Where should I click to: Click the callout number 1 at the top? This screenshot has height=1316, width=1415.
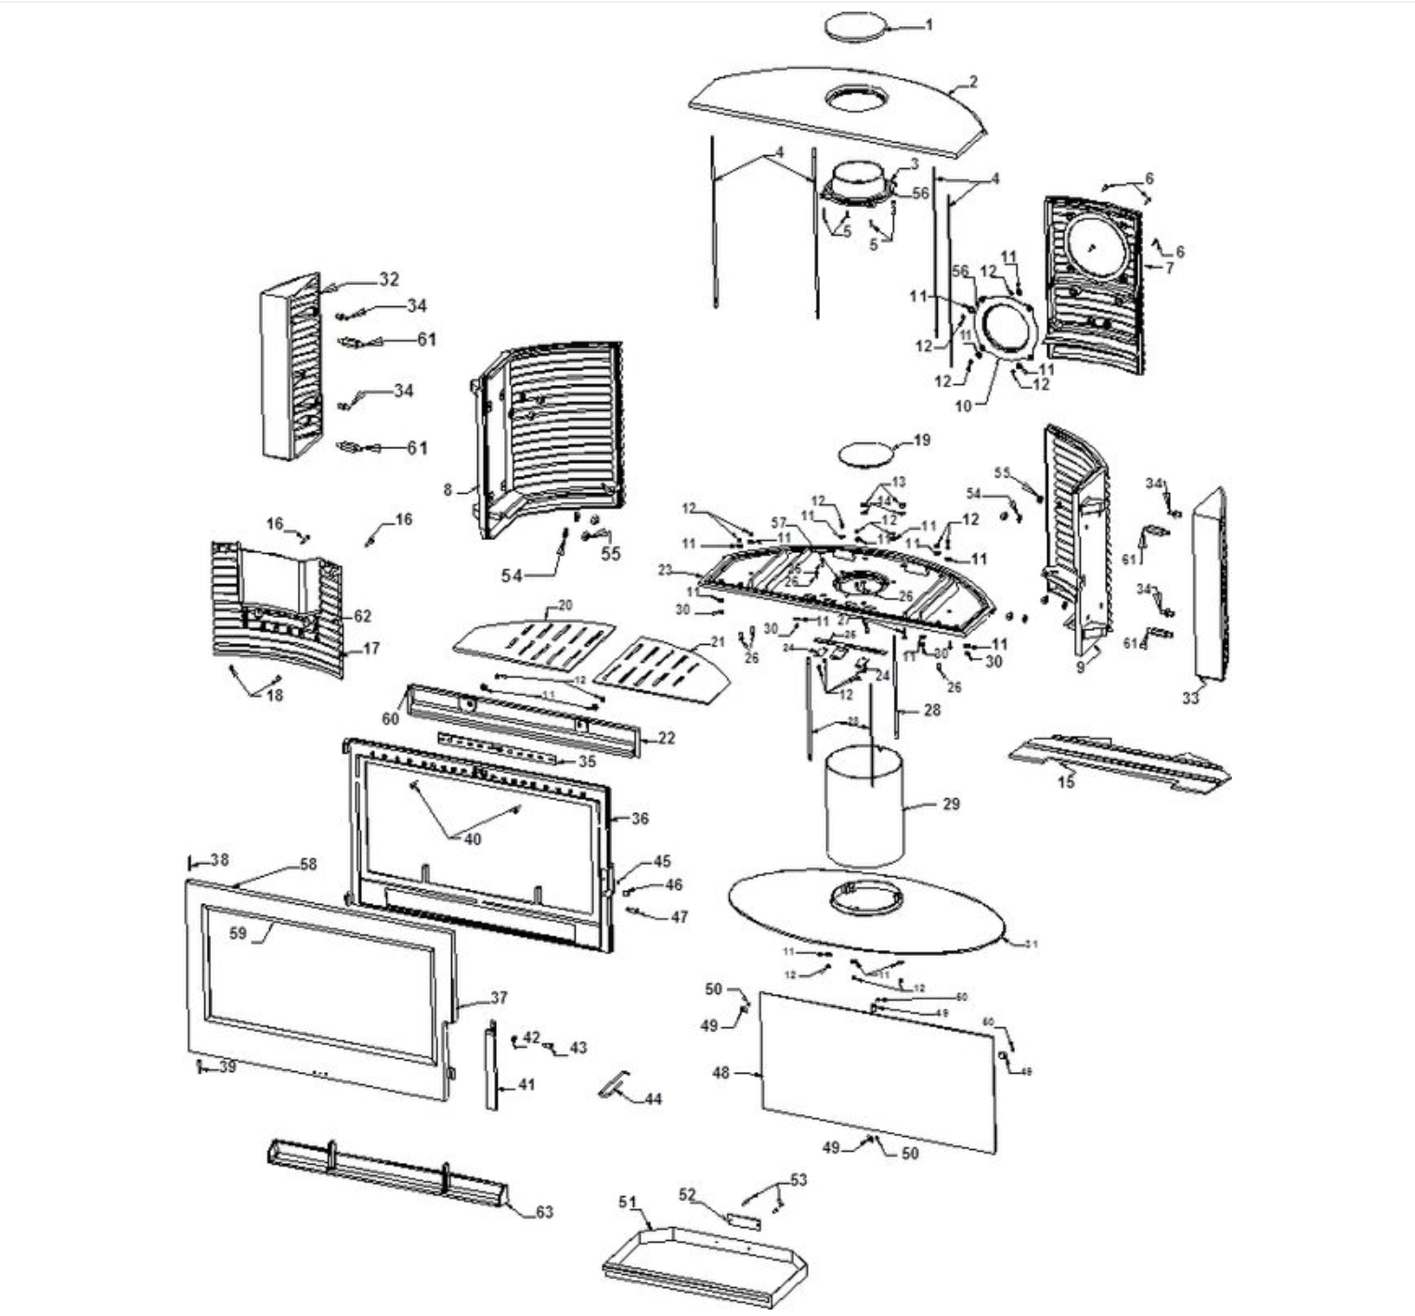[928, 25]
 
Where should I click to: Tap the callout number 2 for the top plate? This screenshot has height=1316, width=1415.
[972, 82]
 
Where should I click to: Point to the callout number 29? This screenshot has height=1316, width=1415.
[951, 804]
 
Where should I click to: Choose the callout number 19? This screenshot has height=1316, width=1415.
[921, 440]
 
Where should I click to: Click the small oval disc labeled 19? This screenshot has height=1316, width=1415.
[867, 454]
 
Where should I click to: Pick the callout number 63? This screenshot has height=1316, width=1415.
[544, 1212]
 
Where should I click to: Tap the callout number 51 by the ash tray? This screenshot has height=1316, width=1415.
[629, 1203]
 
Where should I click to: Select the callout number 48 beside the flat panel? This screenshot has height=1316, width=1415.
[720, 1073]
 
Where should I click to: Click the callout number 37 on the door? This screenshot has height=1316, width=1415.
[499, 998]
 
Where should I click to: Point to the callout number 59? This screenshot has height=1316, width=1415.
[238, 933]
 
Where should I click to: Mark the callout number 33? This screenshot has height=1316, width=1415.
[1191, 698]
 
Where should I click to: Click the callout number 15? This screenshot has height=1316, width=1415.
[1066, 782]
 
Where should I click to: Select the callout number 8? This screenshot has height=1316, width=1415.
[448, 489]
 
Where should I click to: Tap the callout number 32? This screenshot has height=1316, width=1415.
[389, 279]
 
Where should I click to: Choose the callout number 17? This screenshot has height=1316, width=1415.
[371, 649]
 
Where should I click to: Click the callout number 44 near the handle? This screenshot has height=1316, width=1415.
[654, 1099]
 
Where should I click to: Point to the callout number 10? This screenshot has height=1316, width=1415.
[963, 406]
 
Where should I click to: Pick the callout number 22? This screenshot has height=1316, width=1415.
[666, 739]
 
